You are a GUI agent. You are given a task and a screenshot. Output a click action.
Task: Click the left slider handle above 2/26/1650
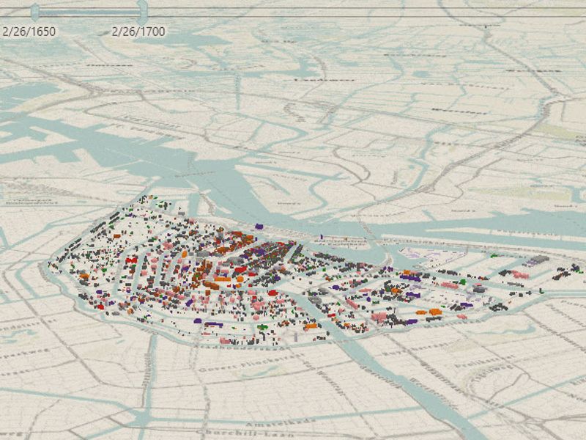click(x=34, y=10)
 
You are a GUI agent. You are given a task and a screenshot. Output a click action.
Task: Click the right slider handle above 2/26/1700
click(x=142, y=10)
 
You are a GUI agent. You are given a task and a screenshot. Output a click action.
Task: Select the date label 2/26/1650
click(x=29, y=32)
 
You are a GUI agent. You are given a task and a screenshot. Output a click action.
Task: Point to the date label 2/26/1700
click(x=138, y=32)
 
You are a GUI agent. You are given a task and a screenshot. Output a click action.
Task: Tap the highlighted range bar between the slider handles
click(x=88, y=12)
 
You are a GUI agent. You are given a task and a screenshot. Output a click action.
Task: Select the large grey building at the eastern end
click(x=538, y=260)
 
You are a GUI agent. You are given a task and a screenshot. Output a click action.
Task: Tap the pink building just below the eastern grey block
click(x=520, y=275)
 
